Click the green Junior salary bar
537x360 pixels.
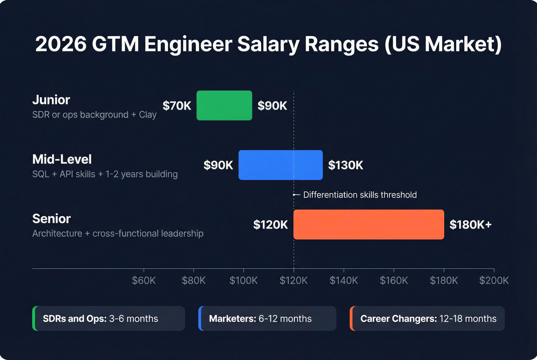point(224,105)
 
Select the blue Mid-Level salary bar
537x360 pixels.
point(280,165)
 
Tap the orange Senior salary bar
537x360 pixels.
point(369,224)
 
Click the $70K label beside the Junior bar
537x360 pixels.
point(177,106)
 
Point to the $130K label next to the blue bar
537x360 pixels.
point(346,165)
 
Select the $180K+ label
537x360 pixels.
point(470,225)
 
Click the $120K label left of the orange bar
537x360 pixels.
point(270,225)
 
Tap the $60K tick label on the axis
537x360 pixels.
point(144,281)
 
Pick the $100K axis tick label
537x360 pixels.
point(244,281)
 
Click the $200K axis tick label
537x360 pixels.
point(494,281)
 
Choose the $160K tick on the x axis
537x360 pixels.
point(394,281)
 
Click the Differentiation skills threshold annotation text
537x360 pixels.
point(360,195)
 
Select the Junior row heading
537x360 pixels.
point(51,100)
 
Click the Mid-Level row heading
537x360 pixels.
point(62,159)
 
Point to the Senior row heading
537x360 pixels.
point(51,219)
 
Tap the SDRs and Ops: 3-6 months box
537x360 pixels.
point(109,319)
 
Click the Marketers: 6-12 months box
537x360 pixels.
point(267,319)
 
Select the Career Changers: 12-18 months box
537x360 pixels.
point(427,319)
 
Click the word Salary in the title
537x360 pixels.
point(268,44)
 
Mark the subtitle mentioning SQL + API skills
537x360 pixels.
point(105,174)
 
